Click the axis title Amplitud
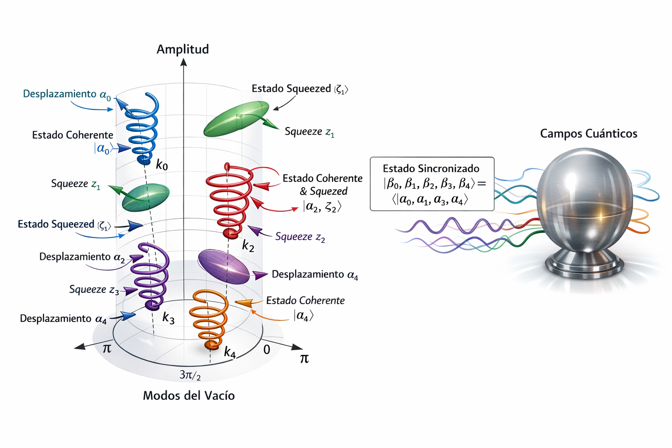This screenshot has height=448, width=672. click(x=182, y=49)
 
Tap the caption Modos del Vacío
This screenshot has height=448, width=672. click(x=189, y=395)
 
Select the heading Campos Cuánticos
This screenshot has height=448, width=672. click(x=588, y=133)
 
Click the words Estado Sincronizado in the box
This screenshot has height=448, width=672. click(x=431, y=168)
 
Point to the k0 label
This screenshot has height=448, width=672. click(x=162, y=165)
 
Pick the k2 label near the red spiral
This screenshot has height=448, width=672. click(x=248, y=246)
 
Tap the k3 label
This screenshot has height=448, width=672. click(x=168, y=318)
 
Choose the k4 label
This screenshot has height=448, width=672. click(x=230, y=352)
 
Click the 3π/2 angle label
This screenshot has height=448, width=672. click(x=190, y=375)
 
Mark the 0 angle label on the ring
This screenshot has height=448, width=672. click(x=266, y=350)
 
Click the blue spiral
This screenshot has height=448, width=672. click(x=142, y=129)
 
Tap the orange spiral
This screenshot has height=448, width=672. click(x=209, y=317)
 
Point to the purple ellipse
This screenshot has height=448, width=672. click(x=224, y=267)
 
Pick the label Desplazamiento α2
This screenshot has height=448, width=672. click(x=82, y=257)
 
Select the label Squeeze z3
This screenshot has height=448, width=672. click(x=94, y=290)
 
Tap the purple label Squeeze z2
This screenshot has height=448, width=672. click(x=300, y=237)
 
